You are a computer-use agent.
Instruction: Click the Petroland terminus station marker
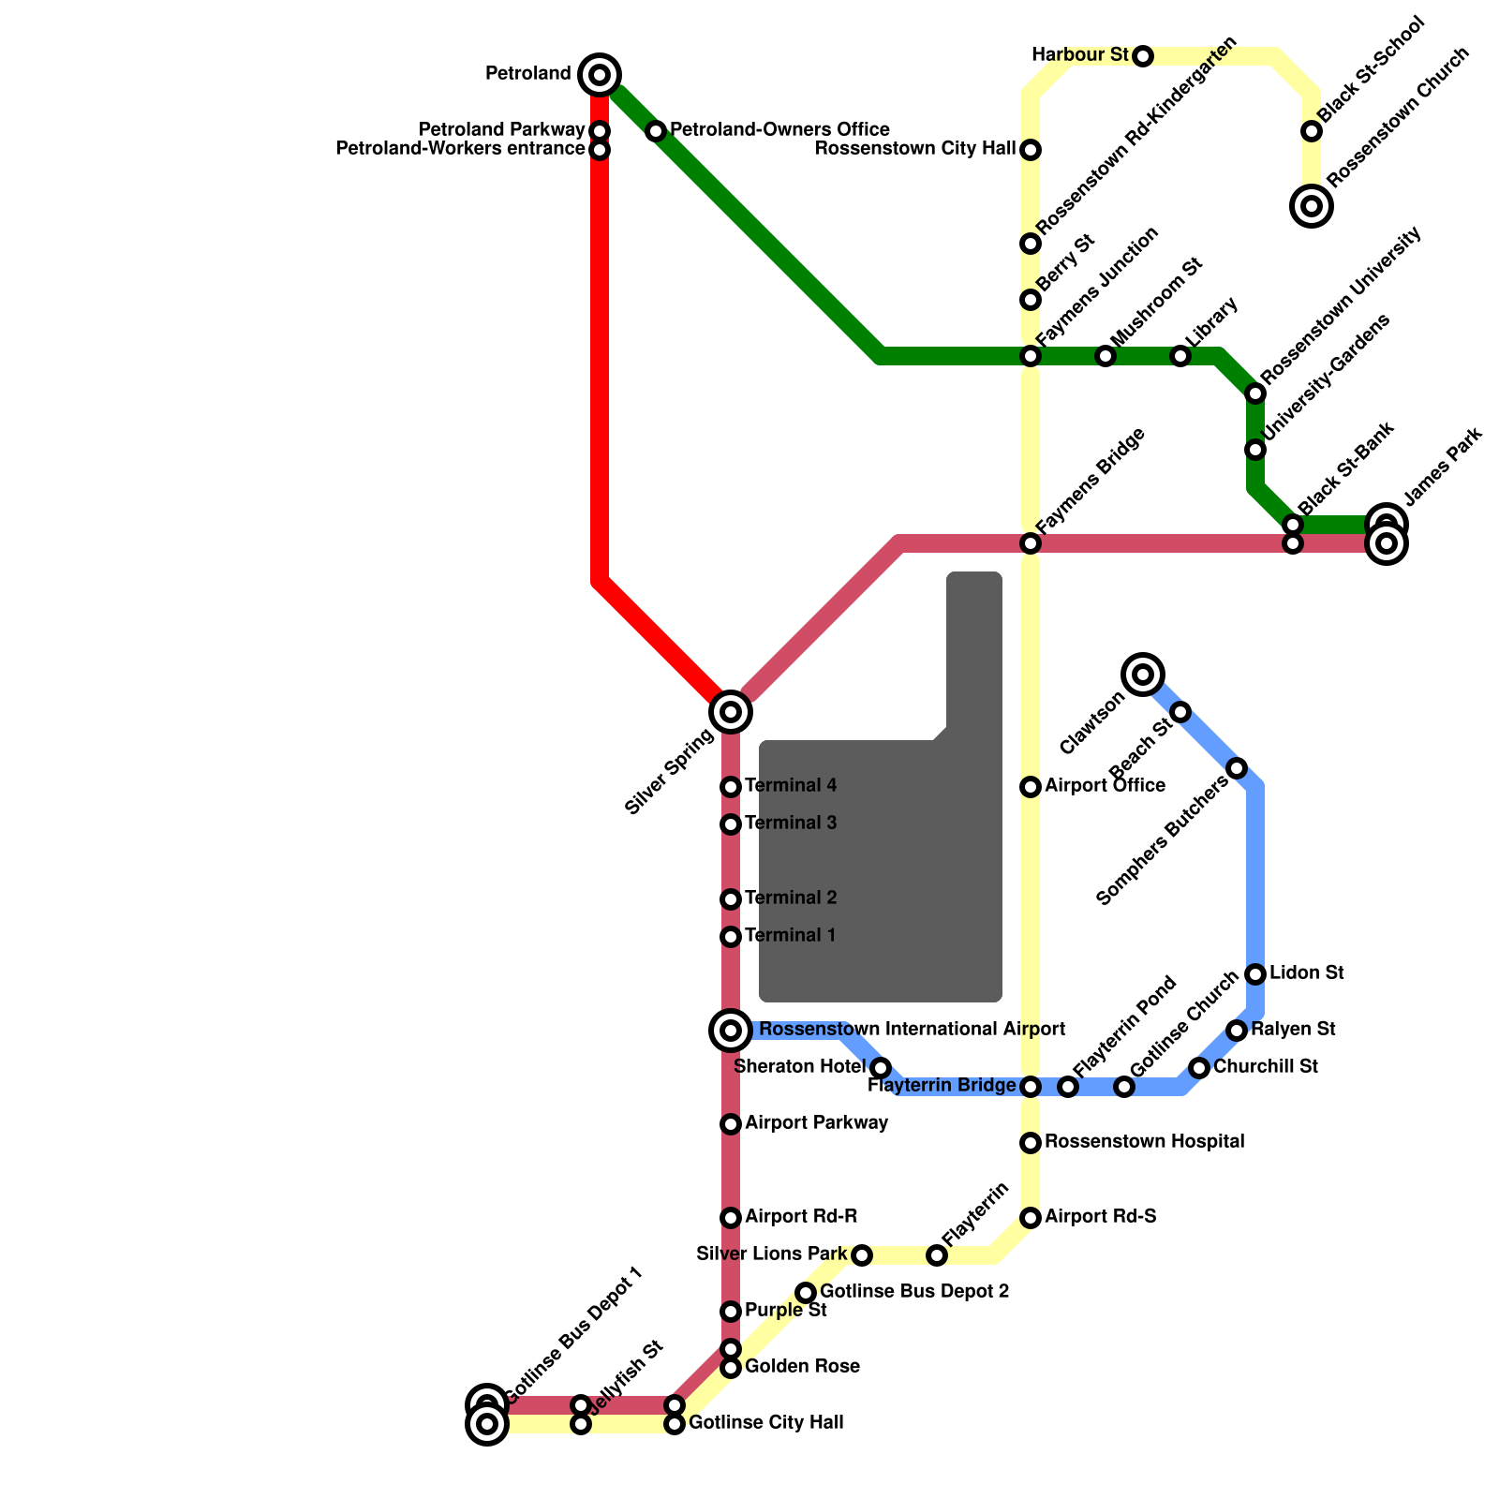point(600,75)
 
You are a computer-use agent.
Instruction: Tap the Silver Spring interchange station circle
point(731,712)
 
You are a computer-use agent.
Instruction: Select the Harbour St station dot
point(1143,56)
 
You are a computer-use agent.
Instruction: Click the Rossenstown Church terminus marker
point(1312,206)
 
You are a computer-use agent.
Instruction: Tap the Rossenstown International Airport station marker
point(731,1031)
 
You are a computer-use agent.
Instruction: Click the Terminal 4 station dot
point(731,787)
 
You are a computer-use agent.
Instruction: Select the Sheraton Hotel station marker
point(881,1068)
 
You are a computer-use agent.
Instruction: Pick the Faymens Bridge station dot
point(1031,543)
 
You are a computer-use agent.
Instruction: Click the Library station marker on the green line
point(1180,356)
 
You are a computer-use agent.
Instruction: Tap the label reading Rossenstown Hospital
point(1144,1142)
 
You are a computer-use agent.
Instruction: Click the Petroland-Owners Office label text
point(779,129)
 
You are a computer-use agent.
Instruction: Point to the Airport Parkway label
point(816,1123)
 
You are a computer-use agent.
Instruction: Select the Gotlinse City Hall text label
point(765,1423)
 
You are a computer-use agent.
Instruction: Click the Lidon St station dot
point(1255,974)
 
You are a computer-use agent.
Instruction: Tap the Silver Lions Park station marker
point(862,1255)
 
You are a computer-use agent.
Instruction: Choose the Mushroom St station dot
point(1106,356)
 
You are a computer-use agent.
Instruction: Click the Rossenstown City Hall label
point(915,149)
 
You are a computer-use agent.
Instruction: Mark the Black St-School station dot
point(1312,131)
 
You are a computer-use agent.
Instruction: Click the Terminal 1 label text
point(790,936)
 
